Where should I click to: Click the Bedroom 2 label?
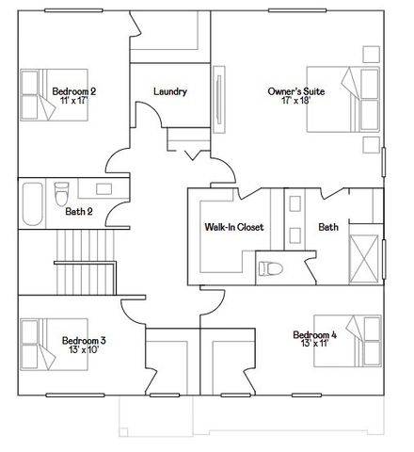click(x=73, y=90)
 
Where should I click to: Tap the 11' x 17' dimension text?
click(x=73, y=100)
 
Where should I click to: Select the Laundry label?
click(x=169, y=92)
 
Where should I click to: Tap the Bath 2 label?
click(x=79, y=212)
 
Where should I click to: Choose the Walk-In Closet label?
click(x=233, y=228)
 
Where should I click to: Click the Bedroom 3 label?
click(x=84, y=340)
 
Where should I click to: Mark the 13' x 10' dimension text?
click(x=84, y=349)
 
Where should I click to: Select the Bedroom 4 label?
click(x=314, y=335)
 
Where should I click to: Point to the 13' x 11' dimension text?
click(x=314, y=345)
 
